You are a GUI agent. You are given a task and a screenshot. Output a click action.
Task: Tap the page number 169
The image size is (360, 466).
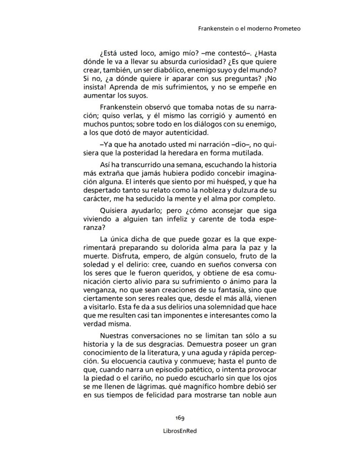(180, 418)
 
